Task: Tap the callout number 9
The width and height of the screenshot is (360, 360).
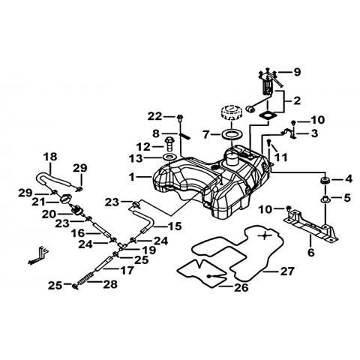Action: tap(297, 72)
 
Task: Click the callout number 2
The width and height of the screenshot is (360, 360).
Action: tap(297, 101)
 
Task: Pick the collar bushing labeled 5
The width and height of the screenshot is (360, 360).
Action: tap(325, 199)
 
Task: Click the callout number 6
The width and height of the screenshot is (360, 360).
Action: tap(310, 252)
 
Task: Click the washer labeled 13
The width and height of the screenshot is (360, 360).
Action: tap(169, 157)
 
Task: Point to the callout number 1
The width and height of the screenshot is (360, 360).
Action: tap(132, 177)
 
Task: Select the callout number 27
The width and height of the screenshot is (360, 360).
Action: tap(287, 271)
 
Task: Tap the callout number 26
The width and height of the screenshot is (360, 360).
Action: tap(241, 287)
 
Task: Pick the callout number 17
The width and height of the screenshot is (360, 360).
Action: tap(127, 270)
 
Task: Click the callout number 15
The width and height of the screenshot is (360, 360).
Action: tap(175, 226)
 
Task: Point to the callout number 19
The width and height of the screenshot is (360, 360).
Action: tap(148, 250)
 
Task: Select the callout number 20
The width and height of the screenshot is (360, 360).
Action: tap(49, 214)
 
